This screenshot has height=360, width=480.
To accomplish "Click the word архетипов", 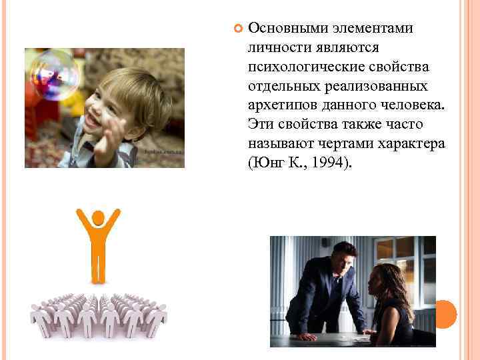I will (281, 105).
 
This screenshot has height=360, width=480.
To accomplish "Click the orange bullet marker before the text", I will (237, 29).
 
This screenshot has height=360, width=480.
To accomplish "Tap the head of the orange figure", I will (99, 217).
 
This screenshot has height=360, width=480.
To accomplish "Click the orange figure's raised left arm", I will (81, 223).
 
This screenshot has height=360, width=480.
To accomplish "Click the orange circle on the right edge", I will (445, 314).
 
